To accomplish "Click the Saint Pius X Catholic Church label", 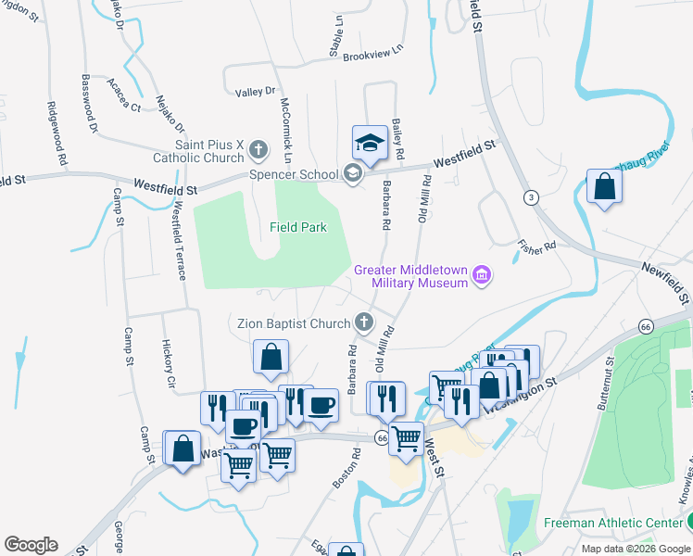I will (x=209, y=151).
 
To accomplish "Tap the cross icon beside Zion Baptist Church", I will (x=364, y=322).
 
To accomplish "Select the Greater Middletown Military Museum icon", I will (x=481, y=275).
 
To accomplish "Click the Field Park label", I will (x=297, y=227).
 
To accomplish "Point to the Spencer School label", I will (x=294, y=173).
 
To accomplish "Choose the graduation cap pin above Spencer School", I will (x=369, y=144).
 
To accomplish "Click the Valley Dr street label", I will (x=256, y=92).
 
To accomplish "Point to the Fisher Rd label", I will (x=536, y=246).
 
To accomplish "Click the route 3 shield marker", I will (x=530, y=197).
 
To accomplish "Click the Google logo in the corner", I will (x=31, y=545).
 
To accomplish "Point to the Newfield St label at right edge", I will (x=665, y=282).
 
